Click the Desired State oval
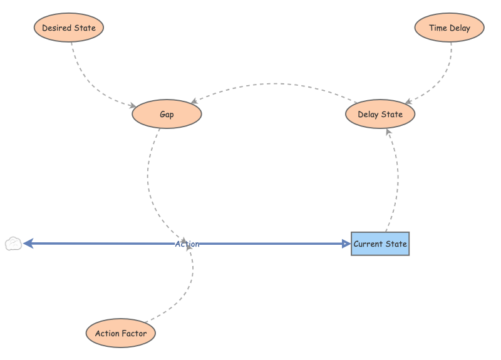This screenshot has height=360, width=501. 68,28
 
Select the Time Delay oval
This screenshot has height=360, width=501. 450,28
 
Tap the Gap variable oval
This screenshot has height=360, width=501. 167,115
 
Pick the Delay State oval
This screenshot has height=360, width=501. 380,115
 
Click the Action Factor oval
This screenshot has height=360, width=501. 120,334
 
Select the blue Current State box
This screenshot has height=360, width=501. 380,244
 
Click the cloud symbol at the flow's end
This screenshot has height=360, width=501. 13,244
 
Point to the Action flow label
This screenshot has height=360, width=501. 187,244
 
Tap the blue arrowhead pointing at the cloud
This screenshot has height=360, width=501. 28,244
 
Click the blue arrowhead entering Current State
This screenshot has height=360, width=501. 346,244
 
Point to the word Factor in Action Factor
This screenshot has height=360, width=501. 134,334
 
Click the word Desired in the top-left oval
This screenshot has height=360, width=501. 55,28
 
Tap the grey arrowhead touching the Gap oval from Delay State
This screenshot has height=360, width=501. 194,101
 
